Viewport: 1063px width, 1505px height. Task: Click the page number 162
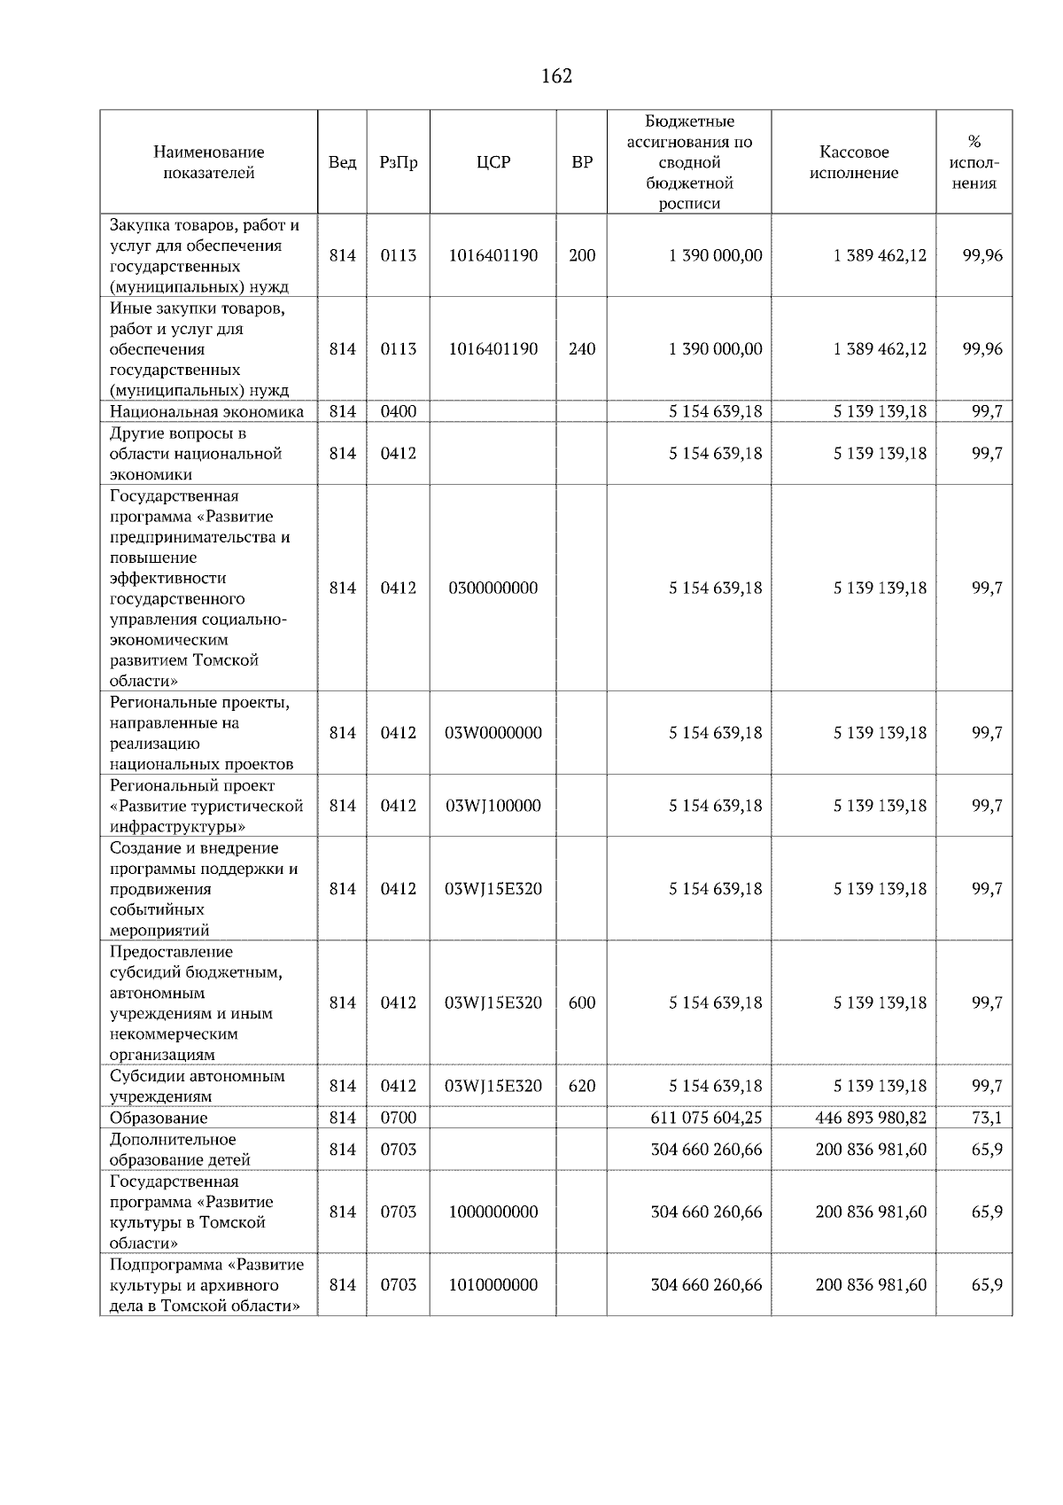556,76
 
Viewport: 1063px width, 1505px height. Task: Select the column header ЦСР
493,162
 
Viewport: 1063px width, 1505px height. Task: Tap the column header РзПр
398,162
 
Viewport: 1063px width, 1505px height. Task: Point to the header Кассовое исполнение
853,162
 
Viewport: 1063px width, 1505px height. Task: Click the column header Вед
342,162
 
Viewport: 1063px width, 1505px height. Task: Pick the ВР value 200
581,255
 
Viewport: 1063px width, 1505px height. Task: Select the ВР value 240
581,348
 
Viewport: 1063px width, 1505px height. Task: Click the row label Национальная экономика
206,411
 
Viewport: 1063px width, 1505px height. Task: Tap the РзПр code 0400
398,411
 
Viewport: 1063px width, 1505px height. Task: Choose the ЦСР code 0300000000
493,588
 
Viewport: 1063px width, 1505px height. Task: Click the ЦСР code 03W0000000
493,733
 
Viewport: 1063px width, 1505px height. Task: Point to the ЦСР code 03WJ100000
493,806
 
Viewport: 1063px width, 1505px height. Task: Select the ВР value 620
581,1086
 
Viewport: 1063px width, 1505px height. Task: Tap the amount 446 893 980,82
870,1118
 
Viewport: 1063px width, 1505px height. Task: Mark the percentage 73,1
986,1118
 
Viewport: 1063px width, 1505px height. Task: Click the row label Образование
159,1118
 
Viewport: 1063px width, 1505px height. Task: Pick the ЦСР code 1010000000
493,1284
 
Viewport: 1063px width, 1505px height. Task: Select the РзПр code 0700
398,1118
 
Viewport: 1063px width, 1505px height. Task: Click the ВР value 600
581,1002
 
